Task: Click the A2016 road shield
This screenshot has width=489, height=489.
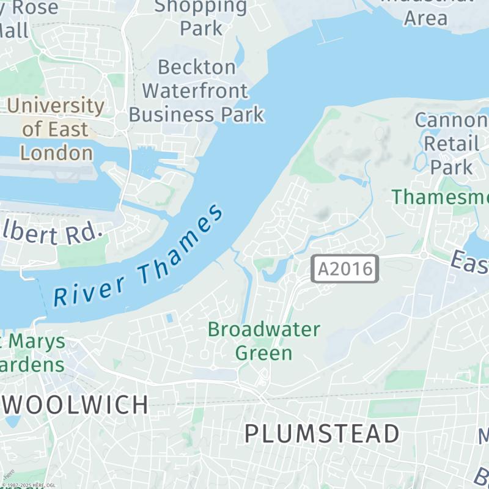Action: click(345, 269)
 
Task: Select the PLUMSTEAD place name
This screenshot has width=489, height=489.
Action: click(322, 433)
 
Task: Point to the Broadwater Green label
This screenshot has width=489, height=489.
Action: click(263, 340)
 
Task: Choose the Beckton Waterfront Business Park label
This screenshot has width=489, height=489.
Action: click(196, 90)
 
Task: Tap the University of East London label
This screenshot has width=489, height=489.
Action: click(56, 129)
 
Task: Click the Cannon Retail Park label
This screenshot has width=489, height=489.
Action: click(451, 143)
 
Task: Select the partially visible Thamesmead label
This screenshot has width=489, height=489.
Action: click(440, 197)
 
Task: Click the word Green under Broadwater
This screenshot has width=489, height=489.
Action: click(263, 353)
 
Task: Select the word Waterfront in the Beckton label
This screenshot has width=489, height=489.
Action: click(196, 90)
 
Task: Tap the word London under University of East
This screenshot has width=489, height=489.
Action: click(57, 152)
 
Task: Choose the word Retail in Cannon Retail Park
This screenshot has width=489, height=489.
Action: click(451, 144)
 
